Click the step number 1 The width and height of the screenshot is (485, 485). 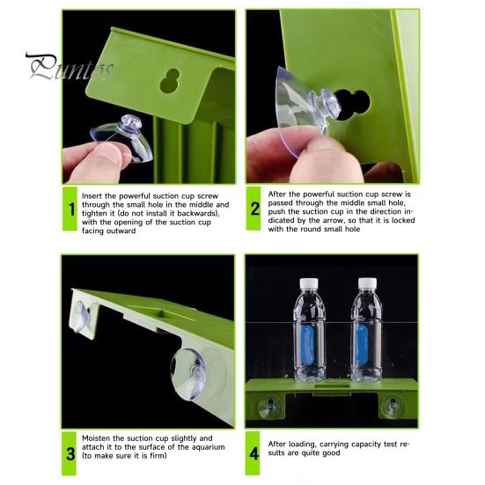pos(72,209)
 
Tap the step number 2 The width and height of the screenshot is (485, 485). pos(255,209)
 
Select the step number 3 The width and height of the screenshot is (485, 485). pos(70,454)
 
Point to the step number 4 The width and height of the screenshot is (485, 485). pos(254,454)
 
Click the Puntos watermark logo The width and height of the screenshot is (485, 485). pos(69,67)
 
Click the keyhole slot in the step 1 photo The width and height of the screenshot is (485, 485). pos(170,81)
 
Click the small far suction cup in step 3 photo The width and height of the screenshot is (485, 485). pos(82,316)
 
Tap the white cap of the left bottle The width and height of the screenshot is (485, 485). pos(309,283)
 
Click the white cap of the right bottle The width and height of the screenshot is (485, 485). pos(367,282)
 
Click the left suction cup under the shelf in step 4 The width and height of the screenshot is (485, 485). pos(269,407)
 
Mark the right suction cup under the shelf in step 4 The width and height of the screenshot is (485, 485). pos(393,406)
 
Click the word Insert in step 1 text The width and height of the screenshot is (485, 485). pos(92,196)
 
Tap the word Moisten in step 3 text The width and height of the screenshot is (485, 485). pos(96,438)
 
